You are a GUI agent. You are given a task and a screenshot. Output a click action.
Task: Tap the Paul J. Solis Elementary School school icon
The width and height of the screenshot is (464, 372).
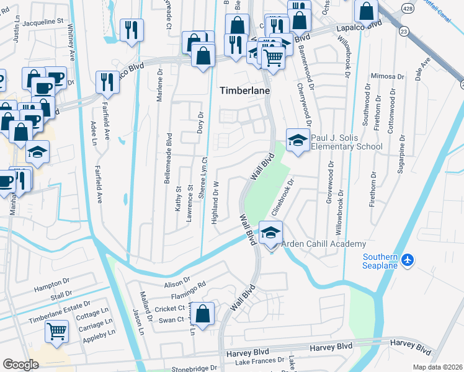[x=298, y=140]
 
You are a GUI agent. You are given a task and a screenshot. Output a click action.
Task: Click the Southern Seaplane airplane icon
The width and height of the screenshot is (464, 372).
[x=406, y=259]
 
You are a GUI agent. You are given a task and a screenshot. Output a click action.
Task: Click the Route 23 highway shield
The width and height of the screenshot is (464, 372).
[x=404, y=30]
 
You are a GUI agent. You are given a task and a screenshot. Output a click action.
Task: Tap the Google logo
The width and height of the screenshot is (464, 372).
[x=20, y=365]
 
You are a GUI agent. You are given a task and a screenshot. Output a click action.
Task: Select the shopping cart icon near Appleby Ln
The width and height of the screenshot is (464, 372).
[x=56, y=332]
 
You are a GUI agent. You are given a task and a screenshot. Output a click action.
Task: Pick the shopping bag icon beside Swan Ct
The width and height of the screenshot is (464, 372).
[x=202, y=314]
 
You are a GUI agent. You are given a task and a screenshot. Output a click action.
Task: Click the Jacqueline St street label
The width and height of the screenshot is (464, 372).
[x=43, y=21]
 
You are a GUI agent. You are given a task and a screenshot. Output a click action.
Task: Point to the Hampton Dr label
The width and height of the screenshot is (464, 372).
[x=52, y=283]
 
